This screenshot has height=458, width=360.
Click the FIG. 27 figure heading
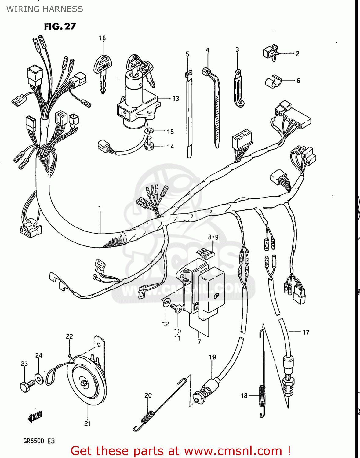(60, 27)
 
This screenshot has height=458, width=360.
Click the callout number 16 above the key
(102, 38)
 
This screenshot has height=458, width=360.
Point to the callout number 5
(187, 54)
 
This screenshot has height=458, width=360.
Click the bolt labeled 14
(149, 144)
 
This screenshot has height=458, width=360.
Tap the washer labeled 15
(149, 131)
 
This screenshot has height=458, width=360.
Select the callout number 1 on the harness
(100, 208)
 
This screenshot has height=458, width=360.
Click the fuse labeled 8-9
(205, 253)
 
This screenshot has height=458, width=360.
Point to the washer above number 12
(166, 303)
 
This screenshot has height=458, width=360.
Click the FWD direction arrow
(35, 416)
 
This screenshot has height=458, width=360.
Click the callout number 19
(212, 357)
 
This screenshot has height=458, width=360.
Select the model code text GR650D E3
(39, 441)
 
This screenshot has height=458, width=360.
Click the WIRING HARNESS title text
(45, 9)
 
